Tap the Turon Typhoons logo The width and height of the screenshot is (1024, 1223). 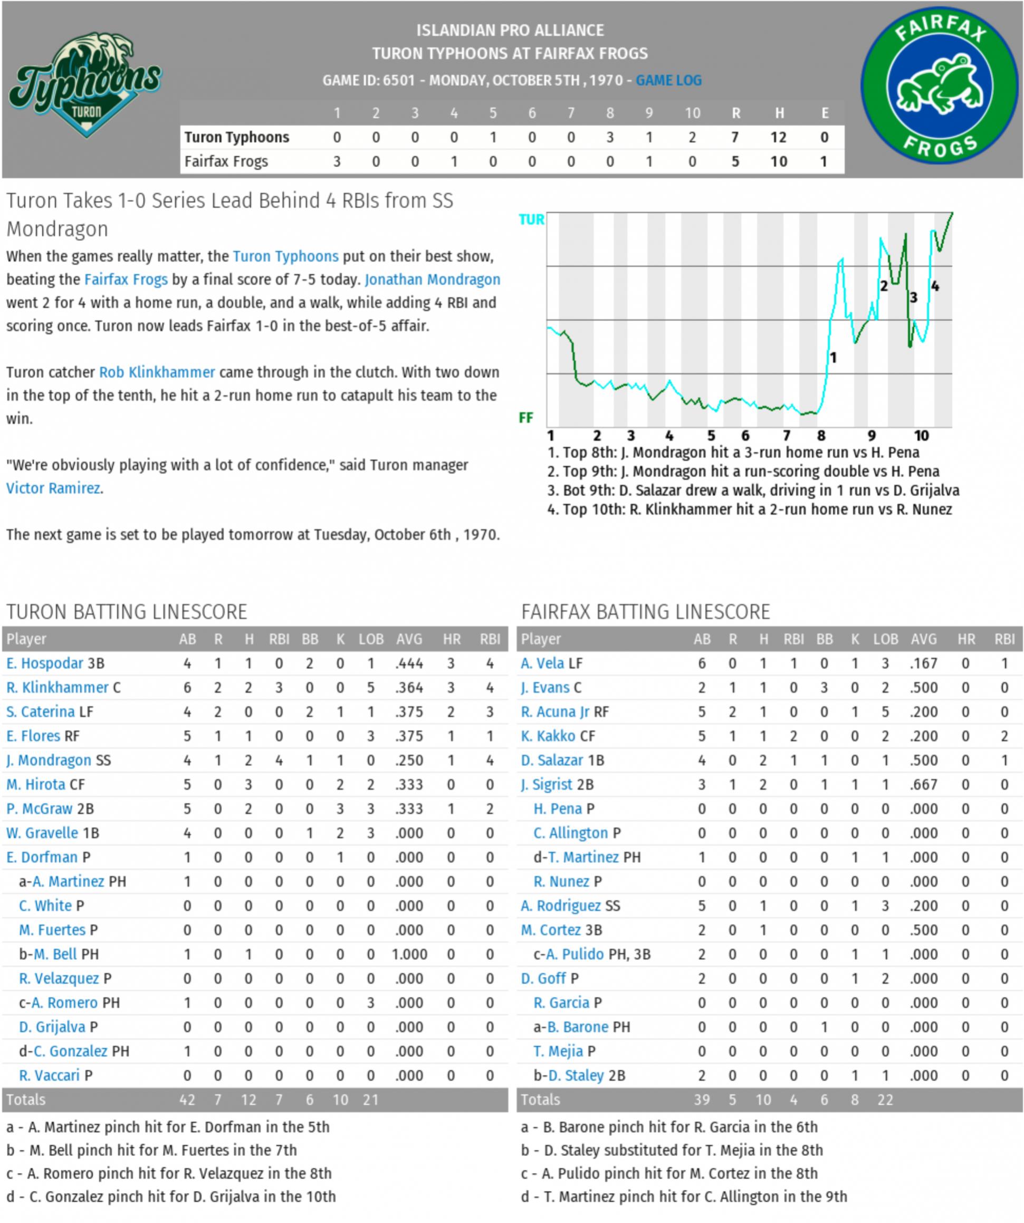(x=85, y=85)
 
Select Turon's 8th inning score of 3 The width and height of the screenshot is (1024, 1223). (x=609, y=138)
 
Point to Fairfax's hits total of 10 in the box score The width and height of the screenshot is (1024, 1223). (x=778, y=161)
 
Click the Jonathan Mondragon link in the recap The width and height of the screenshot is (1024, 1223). (x=432, y=280)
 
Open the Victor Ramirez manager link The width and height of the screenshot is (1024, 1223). (x=53, y=488)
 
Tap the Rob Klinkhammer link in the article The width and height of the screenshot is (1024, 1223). (x=157, y=372)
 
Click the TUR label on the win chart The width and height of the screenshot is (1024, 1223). (x=531, y=219)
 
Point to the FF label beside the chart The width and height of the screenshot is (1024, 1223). (x=525, y=418)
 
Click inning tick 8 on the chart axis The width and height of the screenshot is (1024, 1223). (x=821, y=436)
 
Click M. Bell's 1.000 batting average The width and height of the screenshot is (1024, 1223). (x=409, y=955)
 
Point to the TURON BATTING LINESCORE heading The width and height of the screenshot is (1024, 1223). (x=127, y=612)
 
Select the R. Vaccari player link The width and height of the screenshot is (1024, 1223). (x=49, y=1075)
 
